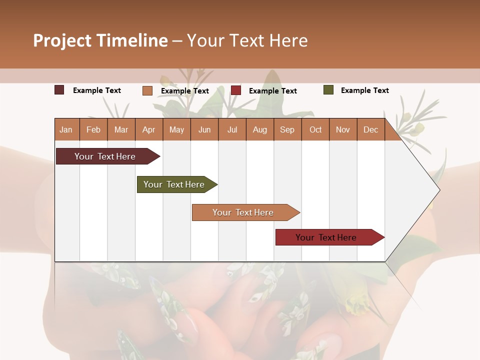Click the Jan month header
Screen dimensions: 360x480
(66, 130)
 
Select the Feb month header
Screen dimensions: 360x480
(93, 130)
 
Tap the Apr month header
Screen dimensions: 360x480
(148, 130)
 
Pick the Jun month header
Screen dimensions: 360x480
(204, 130)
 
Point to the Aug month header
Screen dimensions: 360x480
(259, 130)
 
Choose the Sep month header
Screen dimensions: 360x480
(287, 130)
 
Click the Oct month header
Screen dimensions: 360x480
(315, 130)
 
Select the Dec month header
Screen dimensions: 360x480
(370, 130)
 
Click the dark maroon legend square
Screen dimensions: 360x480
(59, 90)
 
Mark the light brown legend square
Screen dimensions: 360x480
(147, 90)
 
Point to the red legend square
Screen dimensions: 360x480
(236, 90)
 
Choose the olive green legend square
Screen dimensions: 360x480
(328, 90)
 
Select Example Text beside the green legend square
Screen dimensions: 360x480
(364, 90)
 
